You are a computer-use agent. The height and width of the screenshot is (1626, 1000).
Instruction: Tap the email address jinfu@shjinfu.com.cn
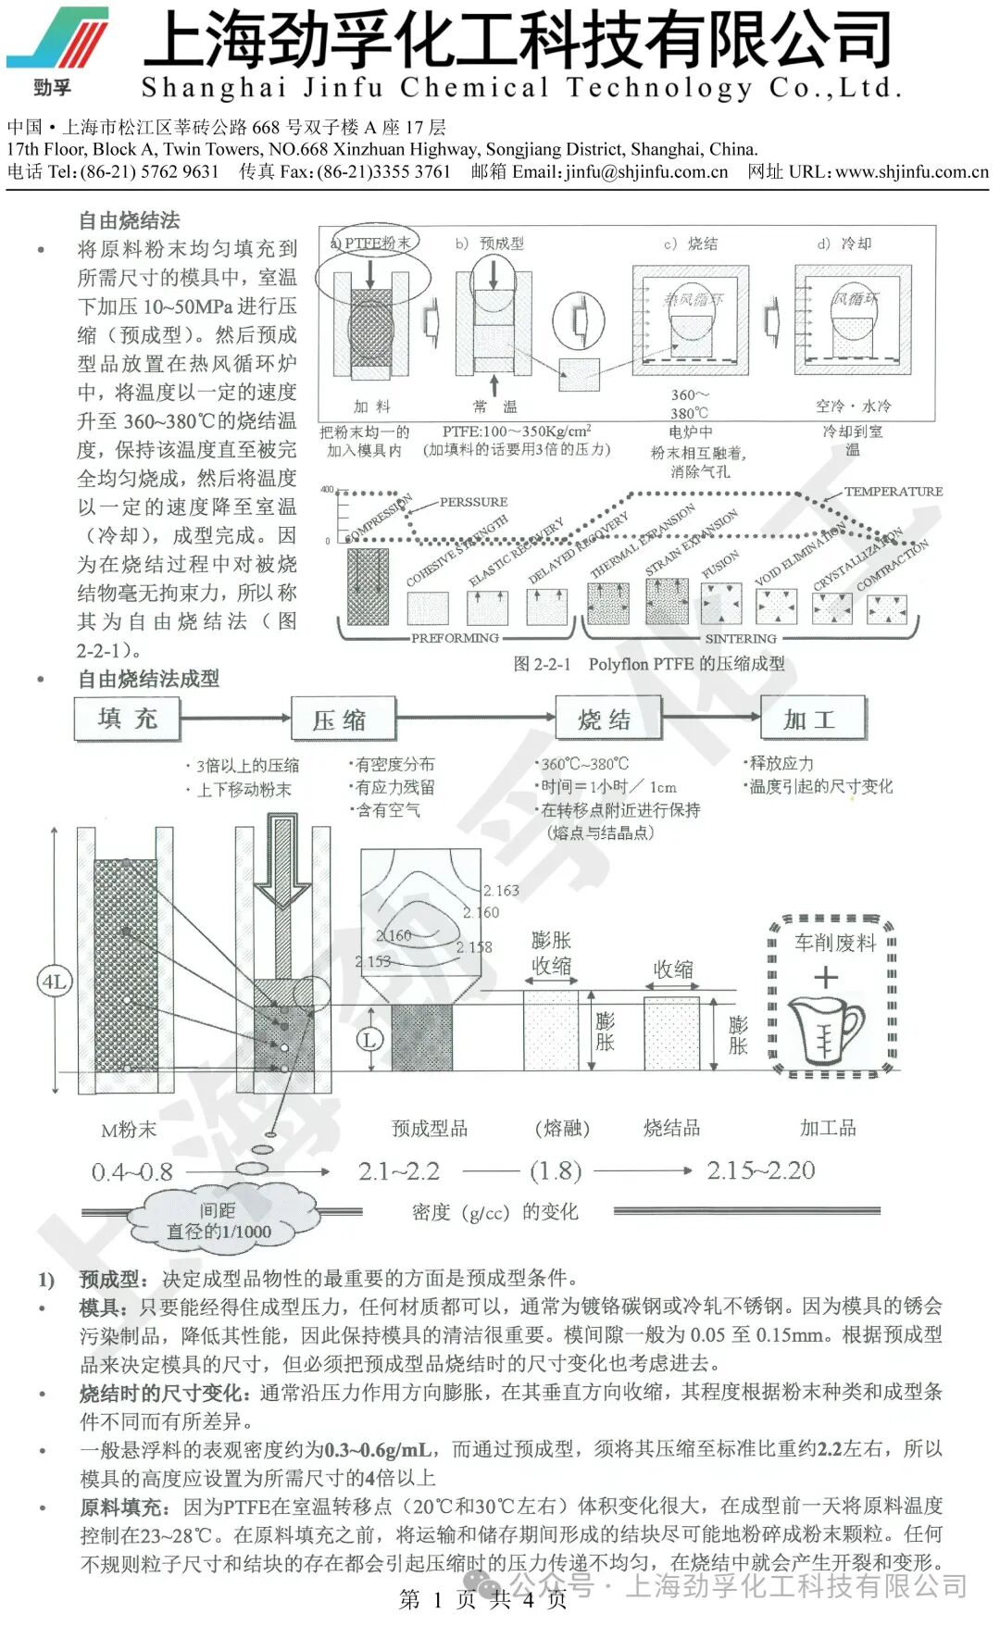pos(646,171)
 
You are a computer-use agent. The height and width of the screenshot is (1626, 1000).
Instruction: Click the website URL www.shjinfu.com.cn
pos(912,171)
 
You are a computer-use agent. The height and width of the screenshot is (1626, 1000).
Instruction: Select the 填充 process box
pos(127,719)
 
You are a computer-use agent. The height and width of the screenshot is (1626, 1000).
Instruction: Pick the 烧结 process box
pos(606,719)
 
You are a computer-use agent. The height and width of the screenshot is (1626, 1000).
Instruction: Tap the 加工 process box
pos(811,719)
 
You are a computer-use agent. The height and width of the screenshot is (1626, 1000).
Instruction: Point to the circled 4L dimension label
pos(54,982)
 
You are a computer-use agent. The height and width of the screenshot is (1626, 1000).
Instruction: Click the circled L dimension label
pos(369,1039)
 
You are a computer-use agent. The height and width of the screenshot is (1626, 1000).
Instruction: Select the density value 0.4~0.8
pos(131,1172)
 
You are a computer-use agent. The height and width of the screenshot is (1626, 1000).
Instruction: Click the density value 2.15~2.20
pos(760,1170)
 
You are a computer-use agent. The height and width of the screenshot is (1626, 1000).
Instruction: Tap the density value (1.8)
pos(556,1171)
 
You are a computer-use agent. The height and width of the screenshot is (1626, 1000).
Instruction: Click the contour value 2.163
pos(501,891)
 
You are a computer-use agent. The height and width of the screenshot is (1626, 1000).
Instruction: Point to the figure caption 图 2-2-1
pos(543,664)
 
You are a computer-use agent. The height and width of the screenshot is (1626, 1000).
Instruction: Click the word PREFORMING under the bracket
pos(455,637)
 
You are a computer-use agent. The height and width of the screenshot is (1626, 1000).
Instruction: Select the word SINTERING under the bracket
pos(741,638)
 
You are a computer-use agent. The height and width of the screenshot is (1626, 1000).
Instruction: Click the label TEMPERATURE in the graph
pos(893,492)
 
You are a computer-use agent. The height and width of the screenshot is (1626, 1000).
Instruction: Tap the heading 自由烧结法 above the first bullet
pos(130,220)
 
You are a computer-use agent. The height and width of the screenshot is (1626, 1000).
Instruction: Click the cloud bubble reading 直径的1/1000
pos(219,1231)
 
